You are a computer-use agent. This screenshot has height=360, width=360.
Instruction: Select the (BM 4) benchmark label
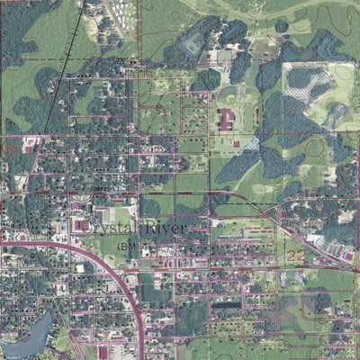(x=135, y=246)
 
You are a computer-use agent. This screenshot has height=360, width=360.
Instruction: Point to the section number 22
(x=293, y=256)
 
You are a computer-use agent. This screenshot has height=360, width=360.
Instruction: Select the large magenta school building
(x=225, y=118)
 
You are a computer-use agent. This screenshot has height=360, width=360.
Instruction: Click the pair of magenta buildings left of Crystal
(x=79, y=224)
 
